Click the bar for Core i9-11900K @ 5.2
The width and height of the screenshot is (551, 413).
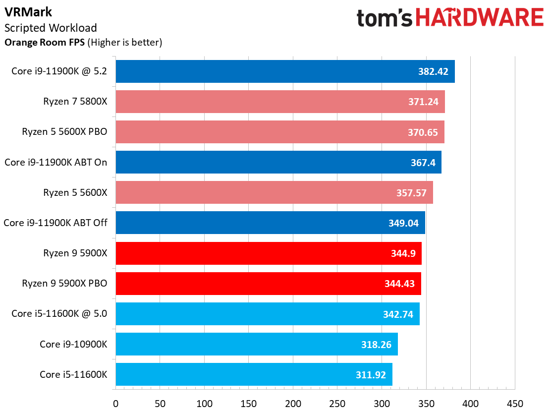285,71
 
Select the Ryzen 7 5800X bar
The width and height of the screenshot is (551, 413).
280,102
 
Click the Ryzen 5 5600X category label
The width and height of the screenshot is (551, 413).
75,192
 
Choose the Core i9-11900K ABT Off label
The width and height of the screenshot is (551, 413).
55,223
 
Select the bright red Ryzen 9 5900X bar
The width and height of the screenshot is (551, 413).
268,253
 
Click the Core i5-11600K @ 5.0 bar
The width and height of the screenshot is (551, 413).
268,313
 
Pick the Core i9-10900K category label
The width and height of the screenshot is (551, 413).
73,344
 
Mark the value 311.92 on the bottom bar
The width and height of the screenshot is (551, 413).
371,374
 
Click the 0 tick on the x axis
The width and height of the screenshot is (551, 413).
115,403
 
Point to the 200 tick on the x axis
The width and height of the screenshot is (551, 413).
293,403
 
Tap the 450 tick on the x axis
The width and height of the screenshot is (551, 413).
515,403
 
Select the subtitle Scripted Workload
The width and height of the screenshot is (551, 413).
51,28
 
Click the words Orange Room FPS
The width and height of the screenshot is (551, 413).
45,43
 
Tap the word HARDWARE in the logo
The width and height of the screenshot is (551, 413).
480,17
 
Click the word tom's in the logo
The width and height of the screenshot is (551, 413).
385,18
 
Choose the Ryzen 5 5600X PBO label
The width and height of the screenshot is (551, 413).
64,132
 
